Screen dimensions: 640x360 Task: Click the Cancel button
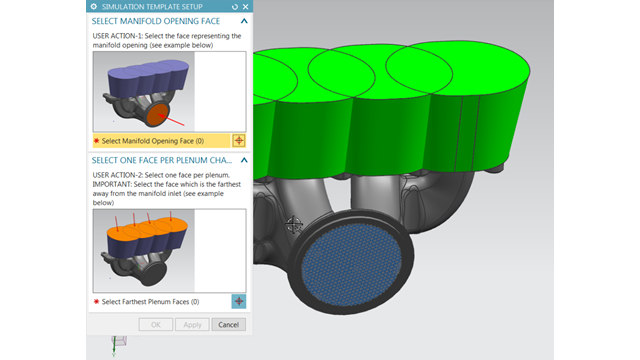point(228,324)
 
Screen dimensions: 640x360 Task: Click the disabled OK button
point(156,324)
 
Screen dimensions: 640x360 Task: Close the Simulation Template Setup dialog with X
point(245,7)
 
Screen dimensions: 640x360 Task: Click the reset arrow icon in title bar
point(235,7)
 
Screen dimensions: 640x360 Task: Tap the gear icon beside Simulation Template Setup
point(94,7)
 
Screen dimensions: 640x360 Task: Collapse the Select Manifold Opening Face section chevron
point(244,21)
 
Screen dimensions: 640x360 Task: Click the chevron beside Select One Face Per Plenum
point(244,160)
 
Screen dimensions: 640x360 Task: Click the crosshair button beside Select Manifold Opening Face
point(239,141)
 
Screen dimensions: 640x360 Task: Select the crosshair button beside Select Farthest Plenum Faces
point(239,301)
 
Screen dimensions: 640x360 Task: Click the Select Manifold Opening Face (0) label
point(153,141)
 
